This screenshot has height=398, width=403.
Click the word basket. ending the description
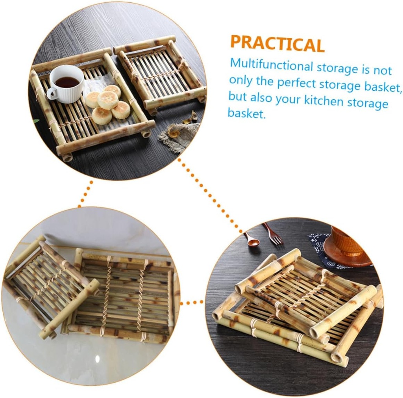(247, 114)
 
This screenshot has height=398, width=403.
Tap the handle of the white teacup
(52, 93)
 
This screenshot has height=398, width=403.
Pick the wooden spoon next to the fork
(251, 239)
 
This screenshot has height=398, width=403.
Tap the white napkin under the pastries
(94, 85)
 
